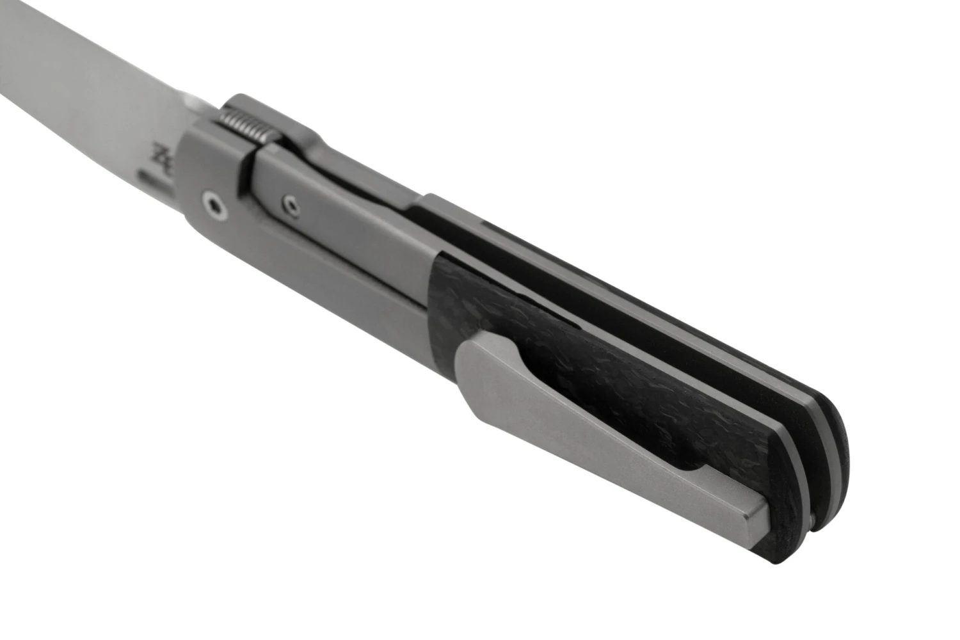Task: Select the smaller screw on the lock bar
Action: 291,204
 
